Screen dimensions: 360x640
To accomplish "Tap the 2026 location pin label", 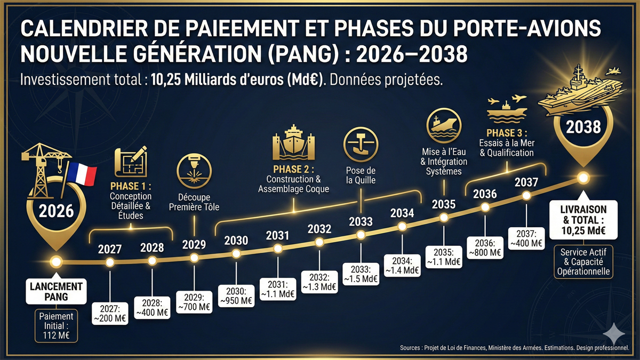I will (x=55, y=211).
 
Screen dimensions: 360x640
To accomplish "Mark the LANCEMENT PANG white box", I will (x=55, y=292).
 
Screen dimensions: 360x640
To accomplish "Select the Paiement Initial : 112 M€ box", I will (x=55, y=325).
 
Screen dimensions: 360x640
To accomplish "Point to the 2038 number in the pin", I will (x=583, y=127).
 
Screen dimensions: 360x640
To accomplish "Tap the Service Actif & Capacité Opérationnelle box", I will (x=583, y=261).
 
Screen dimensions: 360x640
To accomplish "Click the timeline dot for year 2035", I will (x=444, y=218).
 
